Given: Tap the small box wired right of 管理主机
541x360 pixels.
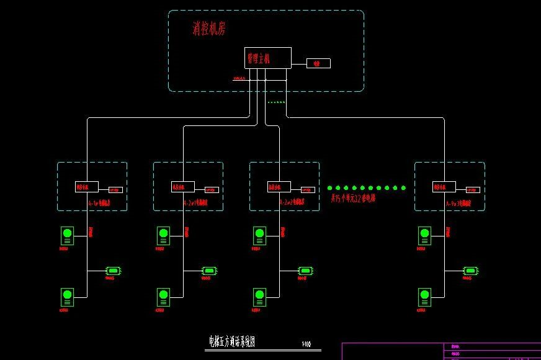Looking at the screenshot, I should [318, 63].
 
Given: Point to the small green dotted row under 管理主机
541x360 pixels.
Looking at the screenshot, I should [276, 102].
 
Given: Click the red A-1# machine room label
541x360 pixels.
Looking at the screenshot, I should [99, 203].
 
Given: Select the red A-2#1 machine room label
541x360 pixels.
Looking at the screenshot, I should [195, 203].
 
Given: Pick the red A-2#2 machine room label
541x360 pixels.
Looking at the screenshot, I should [292, 203].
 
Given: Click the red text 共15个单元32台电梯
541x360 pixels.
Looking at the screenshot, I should [353, 199].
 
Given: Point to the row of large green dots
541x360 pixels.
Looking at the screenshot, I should [367, 187].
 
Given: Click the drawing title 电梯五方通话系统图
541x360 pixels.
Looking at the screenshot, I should [232, 341].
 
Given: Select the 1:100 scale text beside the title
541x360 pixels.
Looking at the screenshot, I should [306, 344].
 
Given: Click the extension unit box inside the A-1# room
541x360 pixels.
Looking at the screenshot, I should [86, 187].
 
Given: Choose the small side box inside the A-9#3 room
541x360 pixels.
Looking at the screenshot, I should [473, 190].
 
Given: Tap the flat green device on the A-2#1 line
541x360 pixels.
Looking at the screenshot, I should [210, 271].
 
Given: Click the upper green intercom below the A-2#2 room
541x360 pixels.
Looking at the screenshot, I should [259, 236].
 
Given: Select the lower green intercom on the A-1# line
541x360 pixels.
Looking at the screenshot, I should [67, 297].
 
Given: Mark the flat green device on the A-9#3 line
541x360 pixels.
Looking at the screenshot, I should [471, 271].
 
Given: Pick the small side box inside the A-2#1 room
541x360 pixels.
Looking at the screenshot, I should [212, 190].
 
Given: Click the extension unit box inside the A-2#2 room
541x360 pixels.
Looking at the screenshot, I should [279, 187].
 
